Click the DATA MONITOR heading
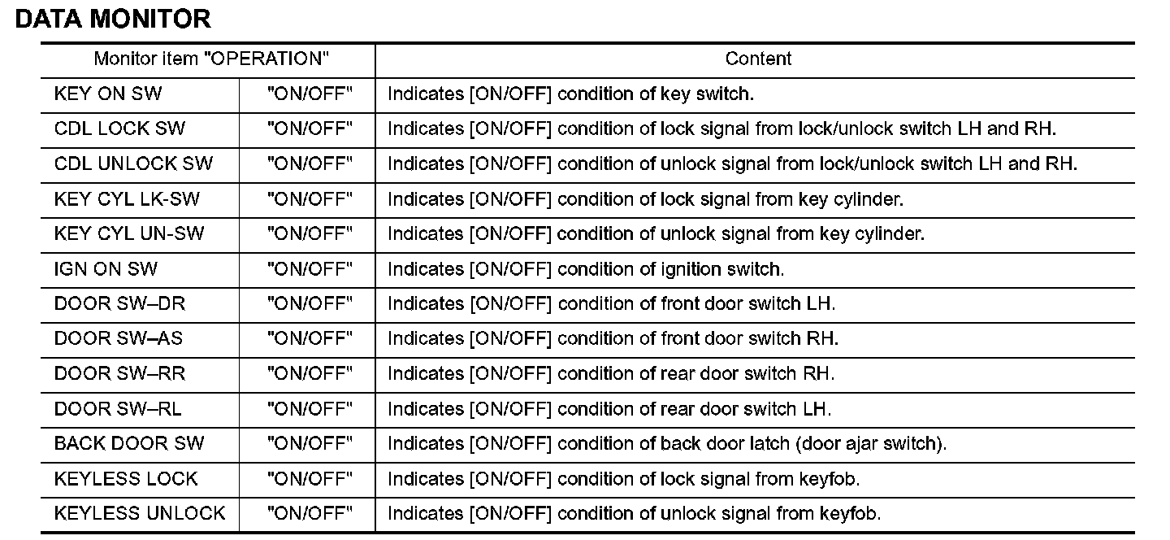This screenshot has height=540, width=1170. tap(113, 20)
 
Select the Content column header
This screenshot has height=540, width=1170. tap(758, 59)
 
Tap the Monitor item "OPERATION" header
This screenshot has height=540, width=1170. tap(211, 59)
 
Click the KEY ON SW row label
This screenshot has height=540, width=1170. tap(108, 94)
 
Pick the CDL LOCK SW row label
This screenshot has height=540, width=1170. tap(119, 128)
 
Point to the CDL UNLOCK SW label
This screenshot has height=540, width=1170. tap(133, 163)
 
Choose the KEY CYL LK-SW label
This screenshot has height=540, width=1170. tap(127, 198)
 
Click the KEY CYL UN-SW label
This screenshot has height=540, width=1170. tap(129, 233)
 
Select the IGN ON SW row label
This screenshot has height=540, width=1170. tap(106, 268)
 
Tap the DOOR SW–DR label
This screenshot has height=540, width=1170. tap(119, 303)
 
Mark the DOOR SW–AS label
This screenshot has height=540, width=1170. tap(119, 338)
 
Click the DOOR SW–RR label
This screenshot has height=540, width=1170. tap(119, 373)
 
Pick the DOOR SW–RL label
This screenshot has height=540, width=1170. tap(118, 408)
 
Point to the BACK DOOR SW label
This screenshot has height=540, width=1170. tap(129, 443)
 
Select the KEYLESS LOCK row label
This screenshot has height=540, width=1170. tap(126, 478)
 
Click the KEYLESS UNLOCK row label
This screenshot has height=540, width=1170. tap(140, 513)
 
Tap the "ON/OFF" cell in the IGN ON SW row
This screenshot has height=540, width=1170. tap(310, 268)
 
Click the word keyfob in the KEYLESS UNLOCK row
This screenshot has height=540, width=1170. tap(849, 513)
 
